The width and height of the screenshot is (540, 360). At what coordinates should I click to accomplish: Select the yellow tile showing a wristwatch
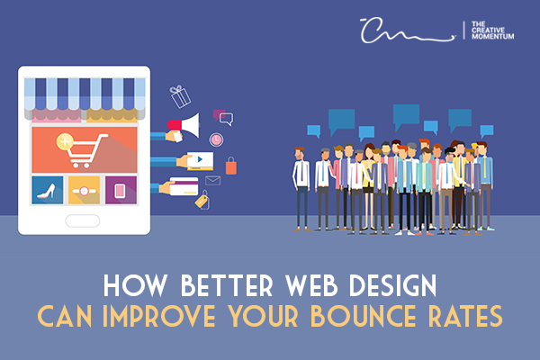tap(84, 190)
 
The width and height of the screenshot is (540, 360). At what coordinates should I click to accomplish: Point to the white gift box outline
tap(179, 96)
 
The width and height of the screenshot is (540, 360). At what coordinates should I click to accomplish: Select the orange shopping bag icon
tap(230, 165)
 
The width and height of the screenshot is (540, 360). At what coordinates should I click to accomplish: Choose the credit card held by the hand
tap(184, 186)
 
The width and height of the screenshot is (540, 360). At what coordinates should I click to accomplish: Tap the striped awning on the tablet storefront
tap(83, 91)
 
